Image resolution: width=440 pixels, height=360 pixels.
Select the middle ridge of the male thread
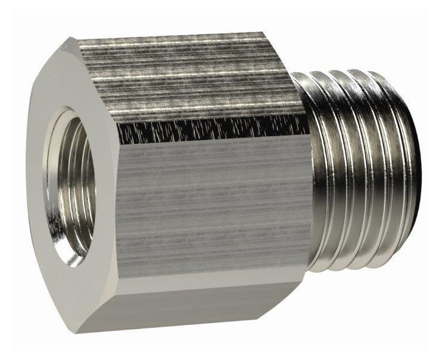[357, 172]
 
